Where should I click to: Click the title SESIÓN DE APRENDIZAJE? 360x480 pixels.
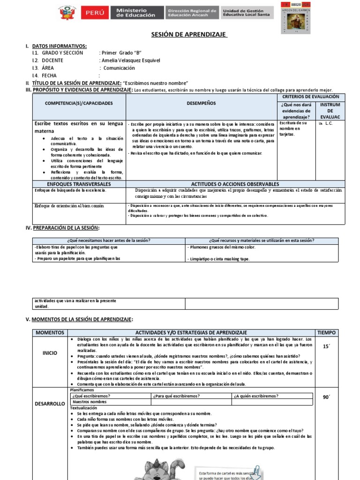pos(189,35)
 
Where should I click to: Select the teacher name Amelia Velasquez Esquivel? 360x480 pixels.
pos(130,60)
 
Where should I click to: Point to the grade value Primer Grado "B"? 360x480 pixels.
pos(121,53)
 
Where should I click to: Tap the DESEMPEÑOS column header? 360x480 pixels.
pos(201,103)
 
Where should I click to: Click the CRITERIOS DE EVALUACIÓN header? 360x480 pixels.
pos(311,96)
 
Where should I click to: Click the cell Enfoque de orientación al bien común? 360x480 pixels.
pos(69,206)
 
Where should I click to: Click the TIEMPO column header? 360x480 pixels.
pos(326,332)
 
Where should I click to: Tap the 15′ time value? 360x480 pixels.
pos(326,346)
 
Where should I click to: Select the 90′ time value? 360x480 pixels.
pos(326,397)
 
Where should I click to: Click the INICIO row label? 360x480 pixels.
pos(50,353)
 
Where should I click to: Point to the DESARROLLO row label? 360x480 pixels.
pos(50,404)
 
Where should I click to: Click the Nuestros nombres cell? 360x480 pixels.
pos(90,402)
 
